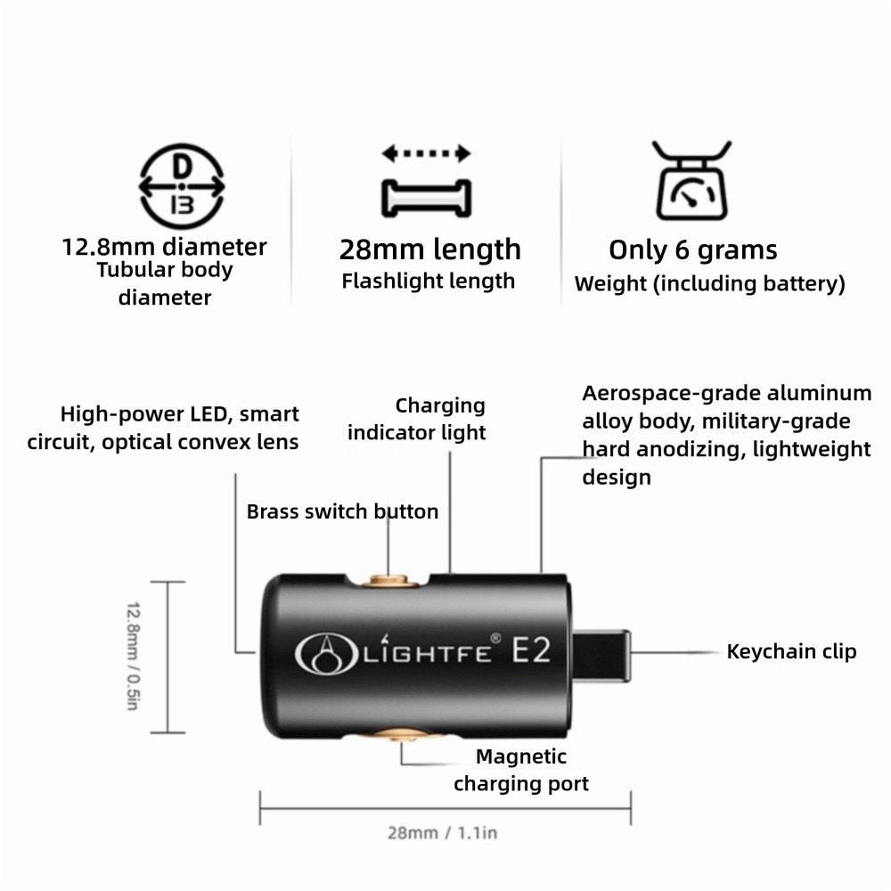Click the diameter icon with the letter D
pos(181,186)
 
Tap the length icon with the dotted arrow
pos(426,181)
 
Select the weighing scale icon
pos(691,180)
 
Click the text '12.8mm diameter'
pos(164,247)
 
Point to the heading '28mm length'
pos(430,249)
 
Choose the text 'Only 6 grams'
pos(692,250)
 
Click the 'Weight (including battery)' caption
pos(710,283)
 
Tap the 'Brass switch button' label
pos(343,511)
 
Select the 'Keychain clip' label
pos(791,652)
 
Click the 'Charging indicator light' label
pos(416,419)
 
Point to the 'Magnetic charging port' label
pos(521,770)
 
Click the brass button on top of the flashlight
pos(389,581)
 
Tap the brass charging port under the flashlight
pos(403,734)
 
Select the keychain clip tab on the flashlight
pos(601,655)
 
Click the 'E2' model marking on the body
pos(531,650)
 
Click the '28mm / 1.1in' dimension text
pos(442,833)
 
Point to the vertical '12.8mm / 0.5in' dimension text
pos(133,656)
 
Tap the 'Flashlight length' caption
pos(428,281)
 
